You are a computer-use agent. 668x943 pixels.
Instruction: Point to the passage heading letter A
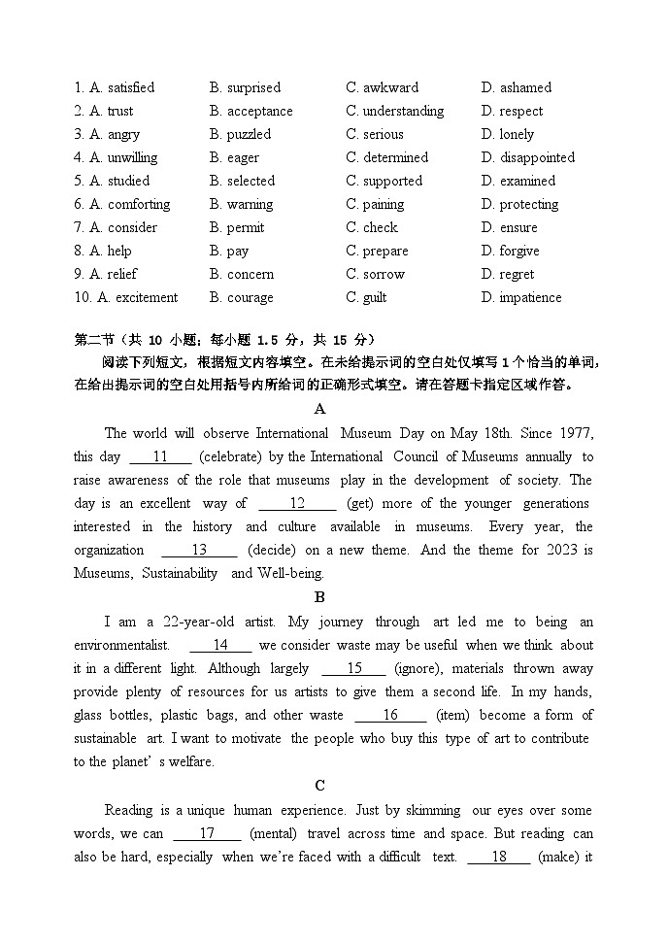320,410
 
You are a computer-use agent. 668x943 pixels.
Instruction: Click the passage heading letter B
320,597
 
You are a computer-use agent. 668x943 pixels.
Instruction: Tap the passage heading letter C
320,786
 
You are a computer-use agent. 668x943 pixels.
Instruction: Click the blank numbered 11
160,456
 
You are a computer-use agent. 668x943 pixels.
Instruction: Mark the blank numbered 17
207,833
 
